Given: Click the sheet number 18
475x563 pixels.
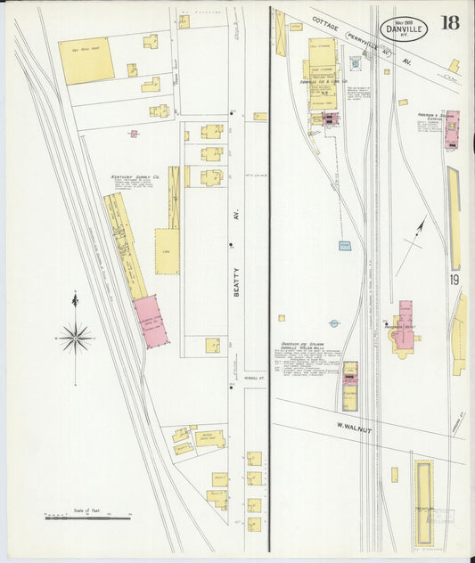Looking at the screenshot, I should pyautogui.click(x=449, y=22).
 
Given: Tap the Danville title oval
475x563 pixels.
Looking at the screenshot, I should pyautogui.click(x=404, y=29).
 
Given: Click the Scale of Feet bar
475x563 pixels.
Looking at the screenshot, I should pyautogui.click(x=87, y=517).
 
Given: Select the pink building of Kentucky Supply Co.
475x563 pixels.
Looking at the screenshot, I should pyautogui.click(x=151, y=320).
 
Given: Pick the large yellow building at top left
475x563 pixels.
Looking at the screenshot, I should pyautogui.click(x=86, y=61).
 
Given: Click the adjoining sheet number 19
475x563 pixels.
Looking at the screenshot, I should pyautogui.click(x=454, y=281).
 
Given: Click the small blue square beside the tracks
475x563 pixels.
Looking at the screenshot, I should pyautogui.click(x=345, y=245).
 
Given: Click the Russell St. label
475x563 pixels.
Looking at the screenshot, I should pyautogui.click(x=242, y=376).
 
